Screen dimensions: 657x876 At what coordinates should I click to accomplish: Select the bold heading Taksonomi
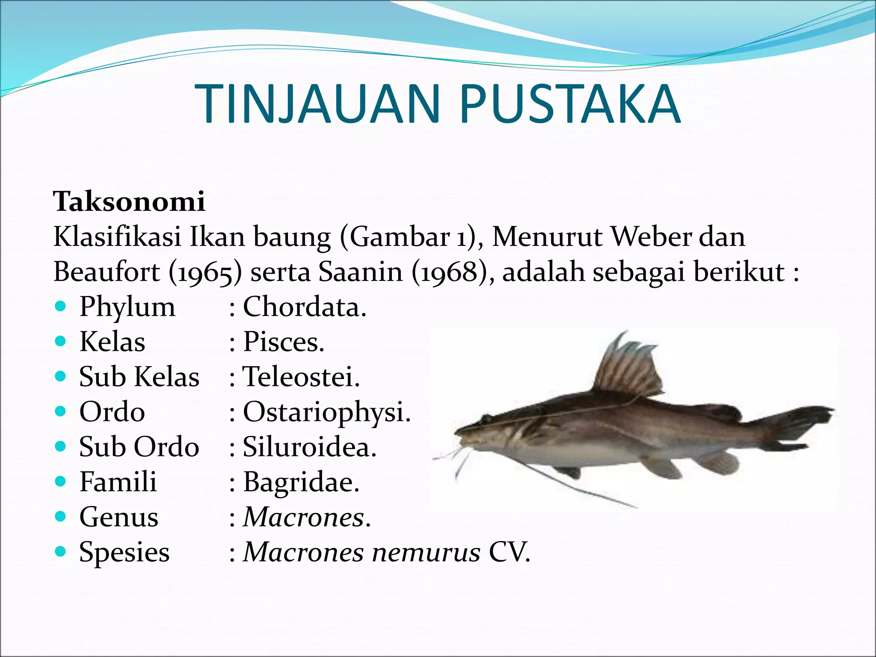pos(129,201)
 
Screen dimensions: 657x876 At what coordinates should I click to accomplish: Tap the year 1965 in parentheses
pos(205,272)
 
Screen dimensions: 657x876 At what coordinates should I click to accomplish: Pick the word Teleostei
pos(301,377)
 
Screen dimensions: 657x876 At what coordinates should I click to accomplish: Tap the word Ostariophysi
pos(326,412)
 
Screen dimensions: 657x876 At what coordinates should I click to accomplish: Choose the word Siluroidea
pos(309,447)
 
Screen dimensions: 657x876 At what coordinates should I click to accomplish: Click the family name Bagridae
pos(301,482)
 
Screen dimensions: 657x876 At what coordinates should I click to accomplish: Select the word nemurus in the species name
pos(426,552)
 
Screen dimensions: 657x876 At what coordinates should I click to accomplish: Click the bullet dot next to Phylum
pos(61,306)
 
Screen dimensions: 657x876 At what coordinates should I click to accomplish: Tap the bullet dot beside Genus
pos(61,516)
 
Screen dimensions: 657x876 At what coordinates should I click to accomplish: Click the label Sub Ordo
pos(139,447)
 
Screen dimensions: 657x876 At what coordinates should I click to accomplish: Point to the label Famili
pos(118,482)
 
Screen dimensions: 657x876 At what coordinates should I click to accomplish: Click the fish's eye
pos(486,418)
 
